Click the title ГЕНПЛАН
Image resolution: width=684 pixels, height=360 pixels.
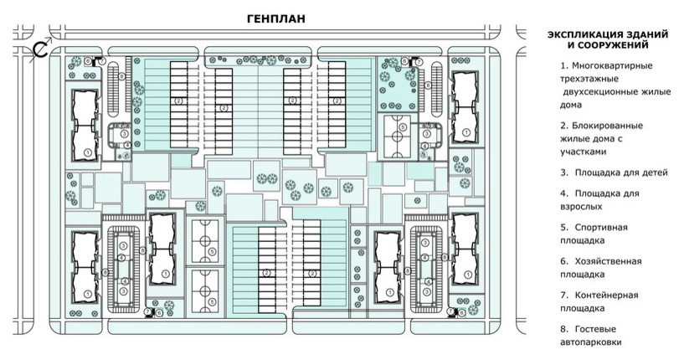pos(276,18)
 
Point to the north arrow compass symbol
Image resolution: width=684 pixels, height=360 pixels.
pos(41,49)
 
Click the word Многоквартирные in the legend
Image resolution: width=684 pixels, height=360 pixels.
pos(613,66)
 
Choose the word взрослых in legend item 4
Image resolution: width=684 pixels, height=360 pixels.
pos(581,207)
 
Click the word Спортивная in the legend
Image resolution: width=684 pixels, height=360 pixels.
pos(601,228)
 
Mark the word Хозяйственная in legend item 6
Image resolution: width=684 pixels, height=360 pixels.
pos(608,261)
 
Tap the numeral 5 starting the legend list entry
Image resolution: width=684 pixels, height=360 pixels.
pos(564,228)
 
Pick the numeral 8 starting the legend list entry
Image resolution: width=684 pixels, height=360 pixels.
pos(564,330)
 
